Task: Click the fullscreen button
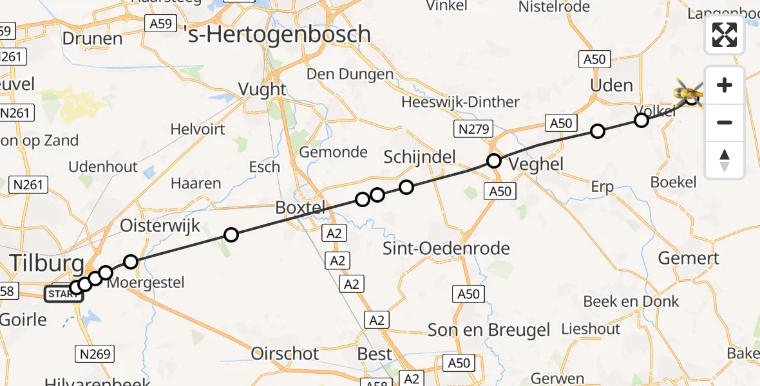[x=725, y=35]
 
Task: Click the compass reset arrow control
[x=725, y=160]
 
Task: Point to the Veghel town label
[x=535, y=164]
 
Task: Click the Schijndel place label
[x=419, y=156]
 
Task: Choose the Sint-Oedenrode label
[x=446, y=248]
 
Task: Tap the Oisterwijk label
[x=160, y=226]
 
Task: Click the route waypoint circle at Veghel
[x=493, y=161]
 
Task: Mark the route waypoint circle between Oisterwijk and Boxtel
[x=231, y=235]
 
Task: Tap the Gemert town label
[x=688, y=259]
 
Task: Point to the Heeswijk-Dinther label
[x=460, y=102]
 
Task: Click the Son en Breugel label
[x=489, y=330]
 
